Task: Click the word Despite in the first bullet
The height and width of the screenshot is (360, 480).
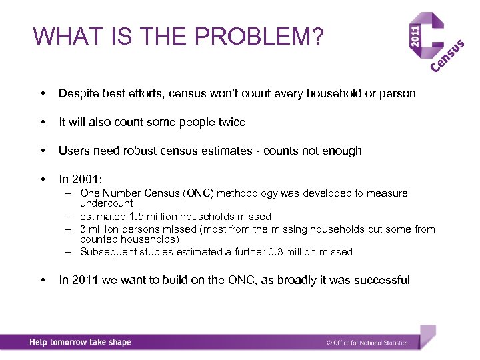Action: pos(77,93)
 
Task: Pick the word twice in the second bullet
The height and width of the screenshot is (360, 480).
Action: pos(231,122)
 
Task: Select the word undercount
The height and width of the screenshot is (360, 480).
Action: pos(106,203)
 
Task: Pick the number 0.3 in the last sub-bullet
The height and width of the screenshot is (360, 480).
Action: pos(275,252)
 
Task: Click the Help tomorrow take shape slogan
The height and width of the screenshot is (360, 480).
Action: pos(80,342)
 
